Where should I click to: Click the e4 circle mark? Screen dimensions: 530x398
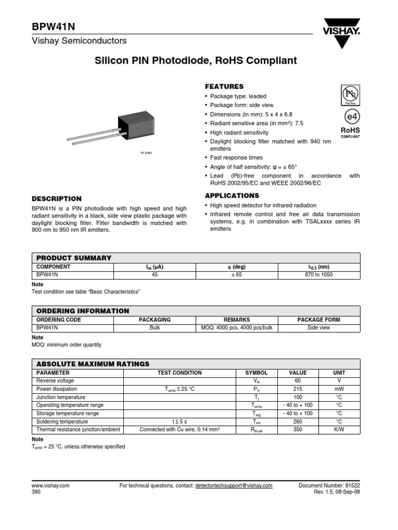(x=350, y=116)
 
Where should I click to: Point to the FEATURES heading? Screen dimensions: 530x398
(x=224, y=86)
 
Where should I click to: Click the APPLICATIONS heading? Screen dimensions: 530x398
(x=232, y=196)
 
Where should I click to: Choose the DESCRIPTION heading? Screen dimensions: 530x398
(x=56, y=199)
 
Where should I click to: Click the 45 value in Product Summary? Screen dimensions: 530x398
(x=155, y=275)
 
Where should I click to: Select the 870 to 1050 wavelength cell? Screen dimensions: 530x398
(x=318, y=275)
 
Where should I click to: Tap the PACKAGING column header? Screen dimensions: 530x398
(x=155, y=320)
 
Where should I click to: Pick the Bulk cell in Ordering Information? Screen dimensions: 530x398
(x=155, y=328)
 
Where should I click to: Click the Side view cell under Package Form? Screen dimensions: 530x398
(x=318, y=328)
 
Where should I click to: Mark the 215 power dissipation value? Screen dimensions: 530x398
(x=297, y=389)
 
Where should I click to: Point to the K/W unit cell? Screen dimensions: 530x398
(x=339, y=430)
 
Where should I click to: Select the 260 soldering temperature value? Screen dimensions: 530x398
(x=297, y=421)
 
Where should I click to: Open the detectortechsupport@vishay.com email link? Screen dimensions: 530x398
(x=233, y=486)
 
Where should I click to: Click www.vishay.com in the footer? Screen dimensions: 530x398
(x=51, y=486)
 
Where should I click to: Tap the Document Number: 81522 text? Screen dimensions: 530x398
(x=329, y=486)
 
